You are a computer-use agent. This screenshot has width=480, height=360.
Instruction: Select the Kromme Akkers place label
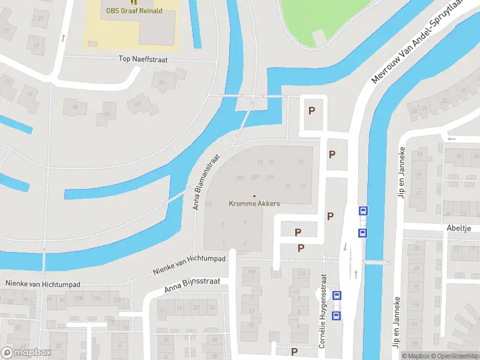254,203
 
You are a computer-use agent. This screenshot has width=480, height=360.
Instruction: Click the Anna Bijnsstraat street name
193,285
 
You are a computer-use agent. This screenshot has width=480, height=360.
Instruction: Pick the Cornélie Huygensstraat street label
323,311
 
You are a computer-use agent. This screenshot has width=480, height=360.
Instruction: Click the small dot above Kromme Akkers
254,196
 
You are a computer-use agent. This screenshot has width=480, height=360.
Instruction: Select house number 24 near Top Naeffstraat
161,82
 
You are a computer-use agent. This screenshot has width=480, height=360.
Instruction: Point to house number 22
137,103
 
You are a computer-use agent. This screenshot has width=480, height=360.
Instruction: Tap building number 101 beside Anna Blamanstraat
209,205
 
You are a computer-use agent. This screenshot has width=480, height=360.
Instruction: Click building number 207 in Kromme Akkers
255,178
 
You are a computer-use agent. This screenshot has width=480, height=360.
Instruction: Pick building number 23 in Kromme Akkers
301,162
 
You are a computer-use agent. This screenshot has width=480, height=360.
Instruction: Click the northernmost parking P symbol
311,110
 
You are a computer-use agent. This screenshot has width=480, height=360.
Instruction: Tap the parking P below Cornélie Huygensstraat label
295,352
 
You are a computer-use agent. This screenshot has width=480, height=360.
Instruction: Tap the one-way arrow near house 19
63,38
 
